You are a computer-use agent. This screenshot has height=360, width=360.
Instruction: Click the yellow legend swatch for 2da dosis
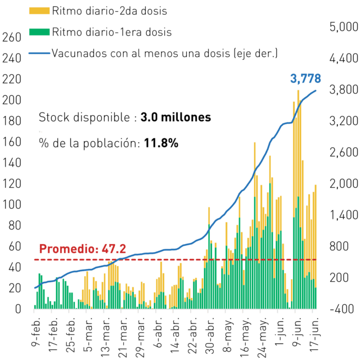39,11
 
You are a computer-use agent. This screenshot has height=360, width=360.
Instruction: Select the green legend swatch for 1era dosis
39,32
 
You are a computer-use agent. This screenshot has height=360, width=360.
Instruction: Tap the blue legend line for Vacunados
39,53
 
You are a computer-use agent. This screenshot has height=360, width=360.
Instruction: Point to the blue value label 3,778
305,79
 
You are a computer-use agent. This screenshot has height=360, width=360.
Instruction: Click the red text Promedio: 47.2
83,249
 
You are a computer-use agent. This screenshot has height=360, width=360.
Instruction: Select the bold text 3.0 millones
175,117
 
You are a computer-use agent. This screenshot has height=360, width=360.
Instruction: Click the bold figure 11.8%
161,143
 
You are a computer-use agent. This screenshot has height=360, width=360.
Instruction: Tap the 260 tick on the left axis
12,37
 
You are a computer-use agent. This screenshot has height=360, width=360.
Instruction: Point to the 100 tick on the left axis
12,204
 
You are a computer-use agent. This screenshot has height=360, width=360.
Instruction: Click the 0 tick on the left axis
18,309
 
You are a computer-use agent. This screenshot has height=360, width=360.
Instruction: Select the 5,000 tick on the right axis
344,26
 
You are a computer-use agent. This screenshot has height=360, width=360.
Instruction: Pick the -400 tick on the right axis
342,309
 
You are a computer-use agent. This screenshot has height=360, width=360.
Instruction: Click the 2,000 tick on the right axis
344,184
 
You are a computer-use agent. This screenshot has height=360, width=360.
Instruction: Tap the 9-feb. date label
36,331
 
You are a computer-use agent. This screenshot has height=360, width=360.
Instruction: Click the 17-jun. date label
314,334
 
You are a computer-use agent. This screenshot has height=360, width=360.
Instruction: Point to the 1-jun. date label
280,331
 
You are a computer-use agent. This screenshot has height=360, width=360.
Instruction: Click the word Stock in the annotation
54,117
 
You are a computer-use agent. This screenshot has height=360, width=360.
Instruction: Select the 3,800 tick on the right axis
344,89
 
